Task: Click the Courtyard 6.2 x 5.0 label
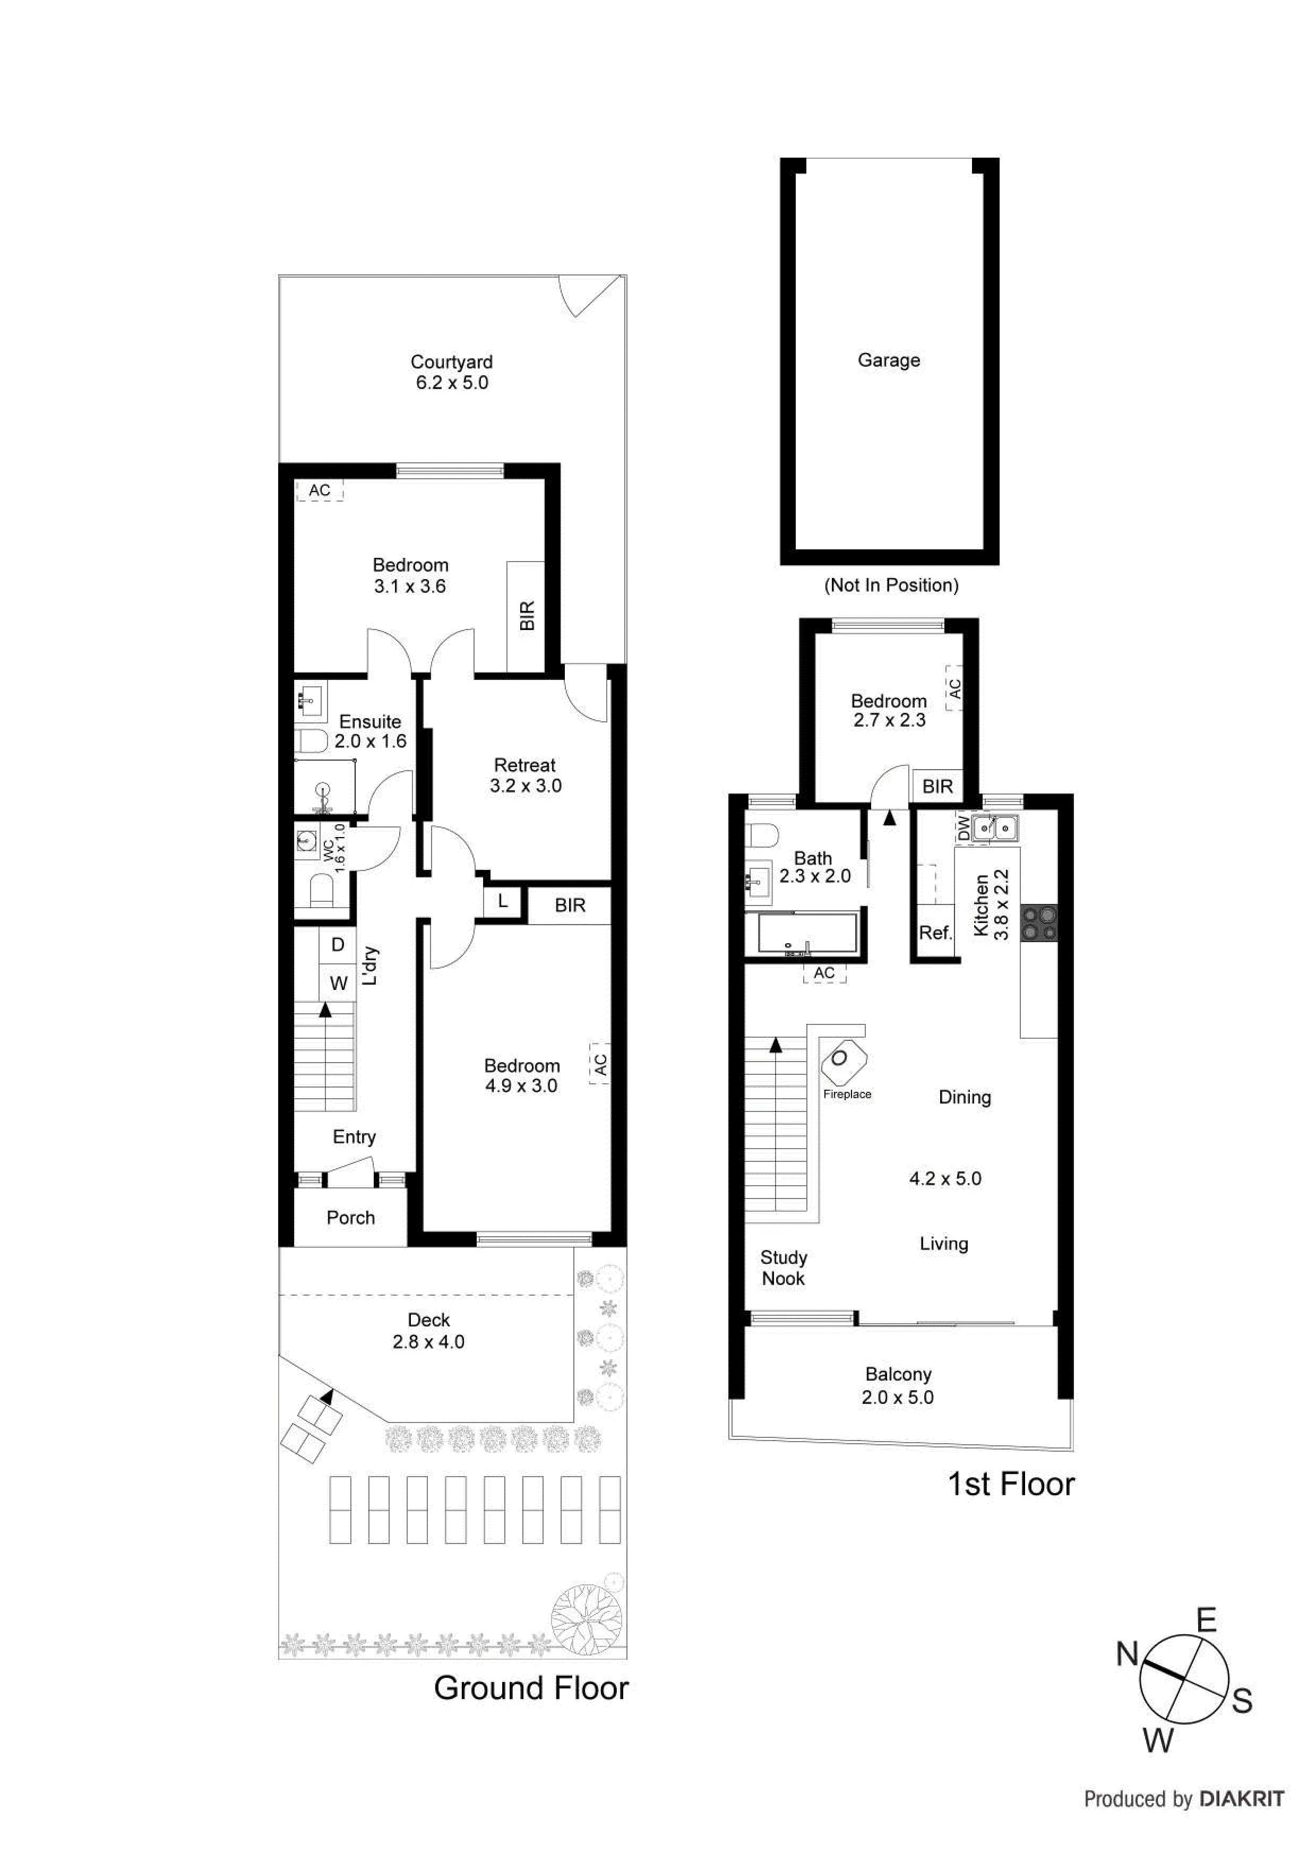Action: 452,372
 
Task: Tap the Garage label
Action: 889,360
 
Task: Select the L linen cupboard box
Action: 503,901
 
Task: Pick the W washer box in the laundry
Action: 338,983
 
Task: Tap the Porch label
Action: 350,1217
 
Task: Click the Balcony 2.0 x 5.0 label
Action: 898,1385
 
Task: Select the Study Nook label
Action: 783,1268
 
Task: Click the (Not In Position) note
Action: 891,585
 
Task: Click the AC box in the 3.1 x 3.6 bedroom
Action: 320,490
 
